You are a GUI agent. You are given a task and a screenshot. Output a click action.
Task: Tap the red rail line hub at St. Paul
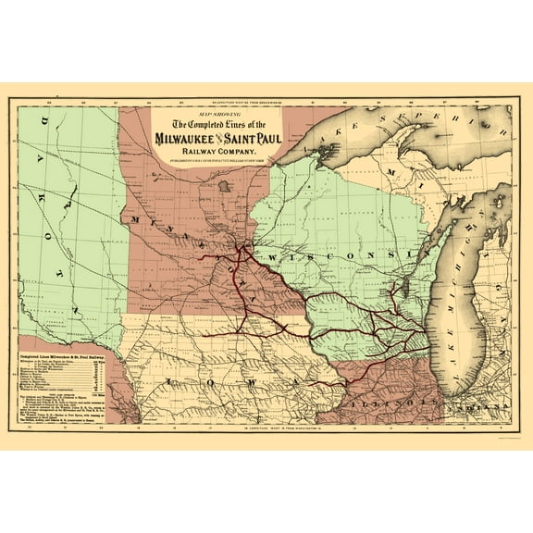pyautogui.click(x=242, y=247)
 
